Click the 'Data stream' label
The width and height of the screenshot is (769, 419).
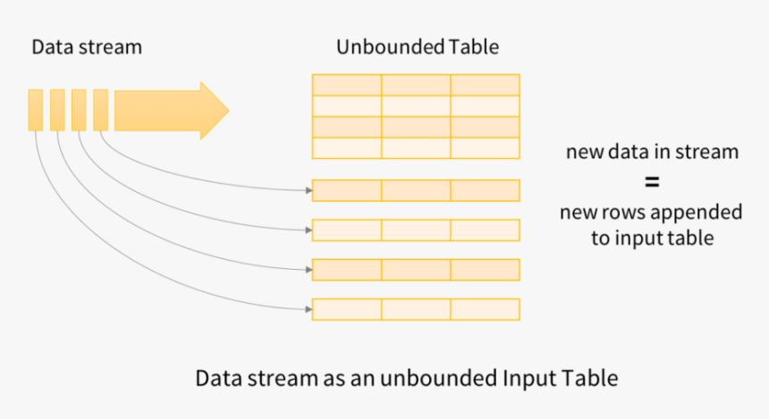click(87, 47)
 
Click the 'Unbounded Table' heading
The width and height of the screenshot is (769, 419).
click(417, 47)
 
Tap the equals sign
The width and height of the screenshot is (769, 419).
click(652, 182)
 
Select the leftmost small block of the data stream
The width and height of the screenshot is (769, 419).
click(35, 110)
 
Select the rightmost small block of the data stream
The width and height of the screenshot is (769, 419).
click(100, 110)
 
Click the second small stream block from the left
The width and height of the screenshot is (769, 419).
click(57, 110)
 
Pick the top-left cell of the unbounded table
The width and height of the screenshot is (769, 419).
click(347, 85)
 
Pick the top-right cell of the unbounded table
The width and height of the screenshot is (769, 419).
click(485, 85)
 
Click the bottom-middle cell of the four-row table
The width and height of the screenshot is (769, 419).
click(416, 148)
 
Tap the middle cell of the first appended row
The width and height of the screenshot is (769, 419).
click(416, 190)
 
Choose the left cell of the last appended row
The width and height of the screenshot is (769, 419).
click(347, 309)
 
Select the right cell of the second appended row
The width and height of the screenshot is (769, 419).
click(485, 230)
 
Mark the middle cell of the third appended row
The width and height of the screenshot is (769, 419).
click(416, 270)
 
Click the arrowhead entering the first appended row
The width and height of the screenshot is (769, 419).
click(306, 190)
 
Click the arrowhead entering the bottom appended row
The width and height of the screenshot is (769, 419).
click(306, 309)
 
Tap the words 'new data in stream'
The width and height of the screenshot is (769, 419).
click(652, 152)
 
